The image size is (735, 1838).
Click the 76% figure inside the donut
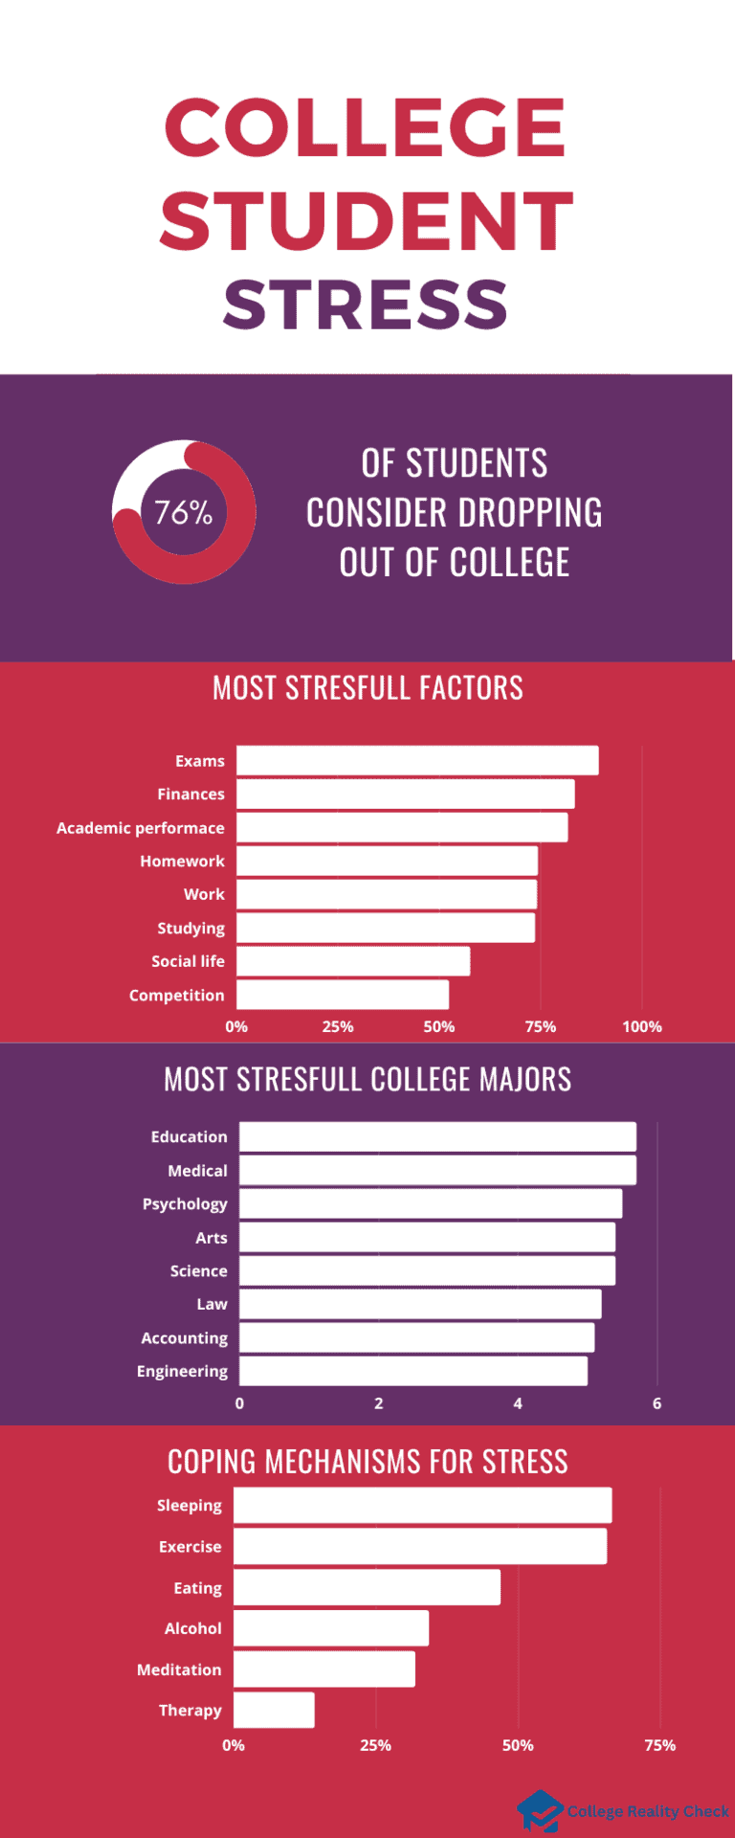pyautogui.click(x=184, y=513)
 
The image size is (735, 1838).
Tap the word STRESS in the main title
pyautogui.click(x=366, y=304)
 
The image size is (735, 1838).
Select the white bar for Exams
pyautogui.click(x=417, y=761)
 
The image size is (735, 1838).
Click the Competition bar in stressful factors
pyautogui.click(x=343, y=995)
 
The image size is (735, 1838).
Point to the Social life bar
pyautogui.click(x=353, y=961)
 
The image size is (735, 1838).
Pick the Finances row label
pyautogui.click(x=190, y=795)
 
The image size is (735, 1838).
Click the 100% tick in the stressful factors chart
pyautogui.click(x=641, y=1027)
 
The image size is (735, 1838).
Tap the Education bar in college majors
pyautogui.click(x=437, y=1137)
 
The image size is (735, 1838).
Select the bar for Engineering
pyautogui.click(x=413, y=1371)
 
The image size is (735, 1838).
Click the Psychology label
pyautogui.click(x=185, y=1204)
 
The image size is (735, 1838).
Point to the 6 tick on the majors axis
pyautogui.click(x=657, y=1403)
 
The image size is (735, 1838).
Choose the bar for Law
pyautogui.click(x=420, y=1304)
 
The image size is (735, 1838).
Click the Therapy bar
pyautogui.click(x=274, y=1710)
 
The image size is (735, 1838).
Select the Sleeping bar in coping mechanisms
pyautogui.click(x=422, y=1505)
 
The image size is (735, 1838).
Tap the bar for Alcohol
pyautogui.click(x=331, y=1628)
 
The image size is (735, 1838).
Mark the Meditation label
pyautogui.click(x=179, y=1670)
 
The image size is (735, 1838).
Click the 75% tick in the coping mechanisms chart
pyautogui.click(x=659, y=1745)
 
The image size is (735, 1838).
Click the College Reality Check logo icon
pyautogui.click(x=540, y=1810)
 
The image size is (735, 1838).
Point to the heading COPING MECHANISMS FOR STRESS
pyautogui.click(x=367, y=1462)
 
